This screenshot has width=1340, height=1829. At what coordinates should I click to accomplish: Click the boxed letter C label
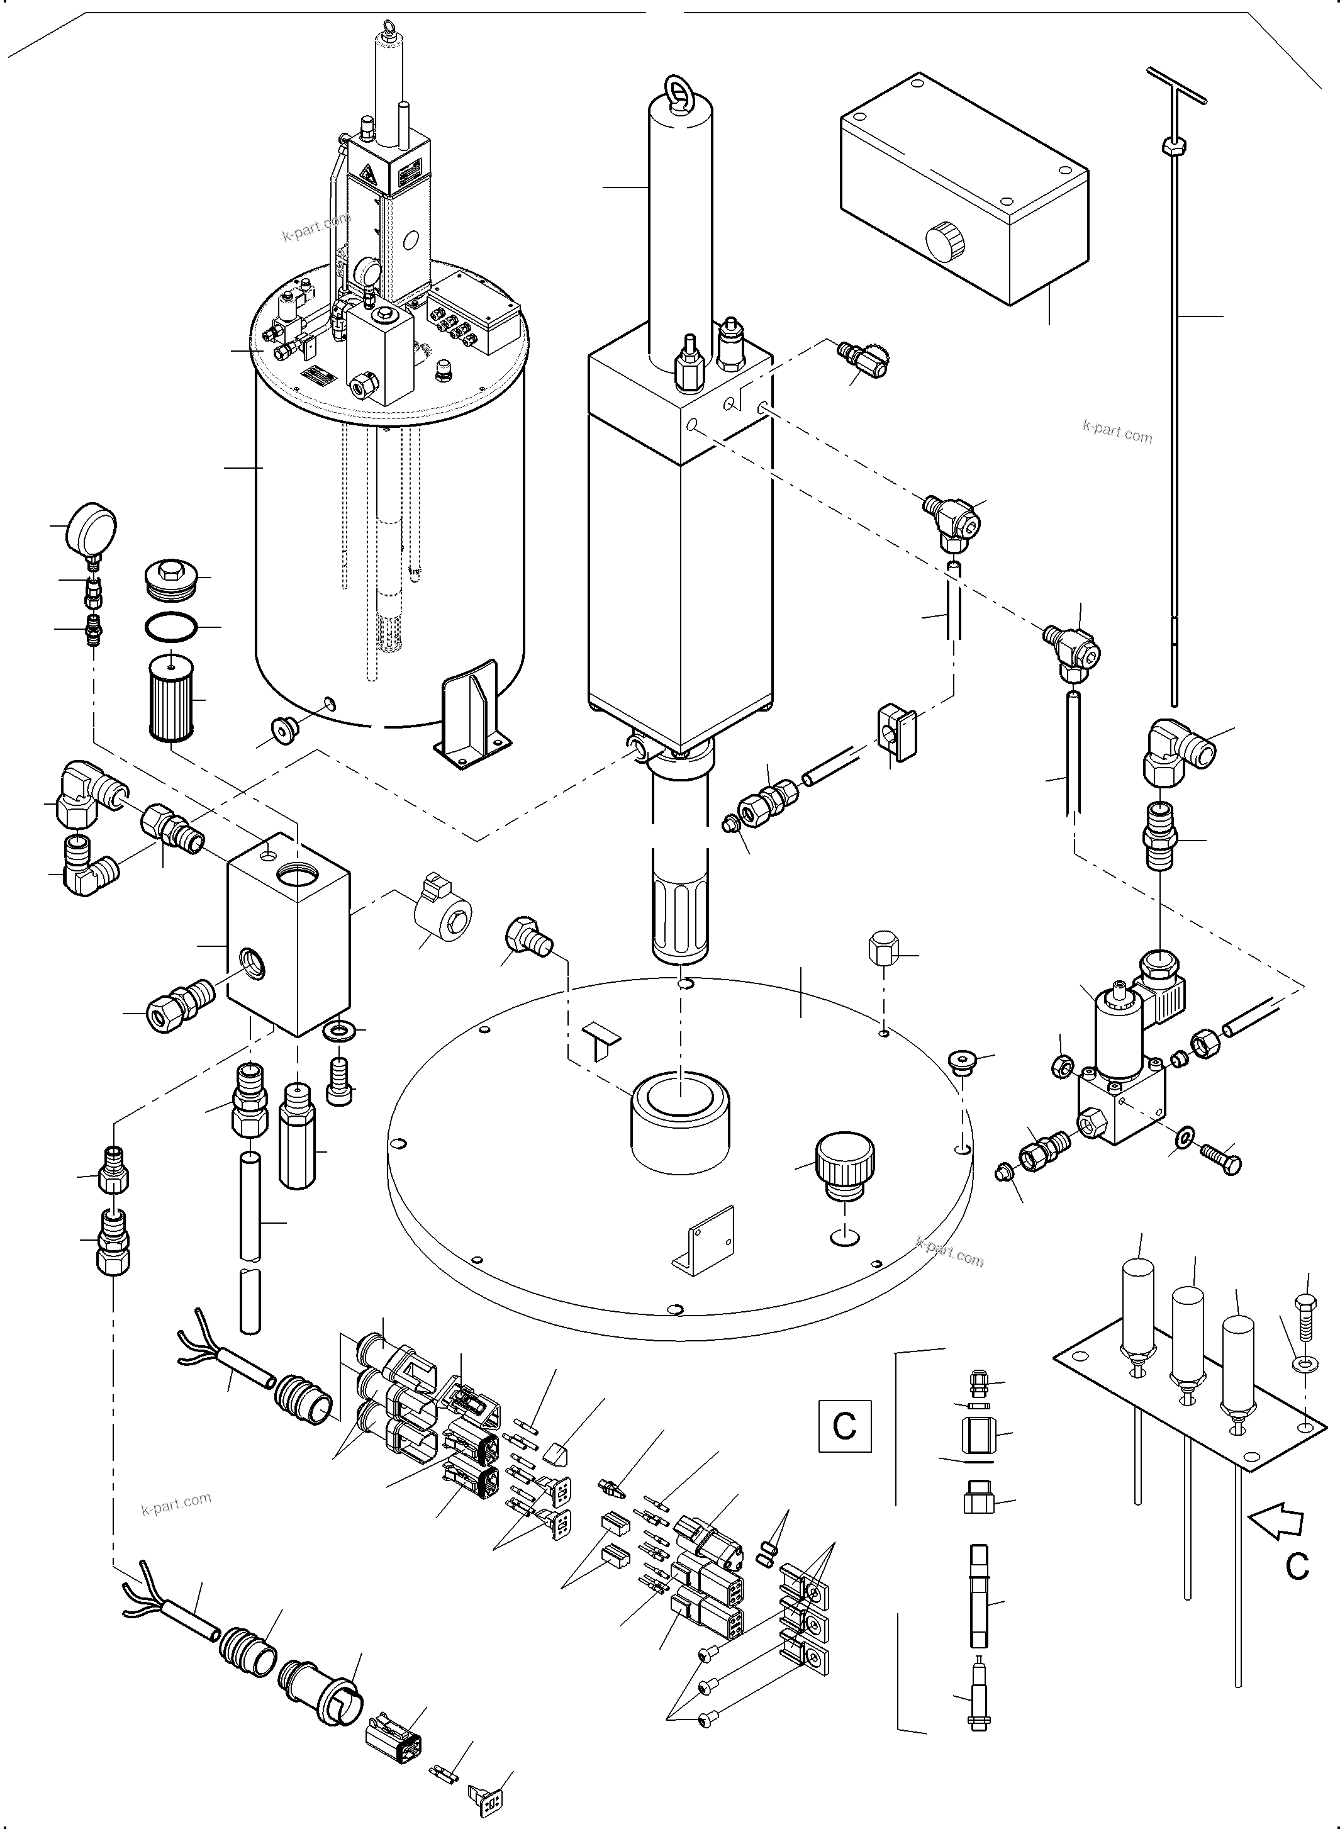(844, 1425)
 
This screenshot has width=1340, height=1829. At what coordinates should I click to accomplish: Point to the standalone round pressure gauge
(92, 525)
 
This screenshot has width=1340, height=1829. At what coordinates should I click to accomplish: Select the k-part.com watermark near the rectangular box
(1117, 432)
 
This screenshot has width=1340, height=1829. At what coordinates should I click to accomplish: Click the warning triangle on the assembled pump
(367, 174)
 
